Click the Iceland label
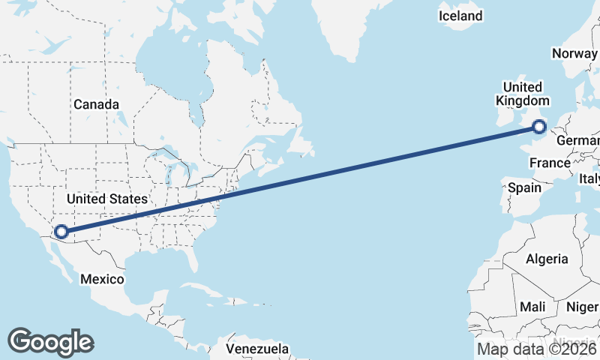tap(460, 16)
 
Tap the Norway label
tap(574, 53)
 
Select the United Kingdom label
tap(523, 94)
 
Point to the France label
tap(550, 163)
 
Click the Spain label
tap(524, 187)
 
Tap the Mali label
tap(533, 307)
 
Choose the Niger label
tap(582, 307)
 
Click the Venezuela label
tap(257, 349)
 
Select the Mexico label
tap(102, 279)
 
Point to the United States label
tap(107, 199)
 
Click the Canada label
tap(96, 104)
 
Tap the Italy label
tap(589, 178)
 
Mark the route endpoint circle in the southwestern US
tap(61, 232)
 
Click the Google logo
tap(50, 341)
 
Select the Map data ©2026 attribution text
tap(537, 349)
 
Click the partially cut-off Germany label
tap(579, 141)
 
